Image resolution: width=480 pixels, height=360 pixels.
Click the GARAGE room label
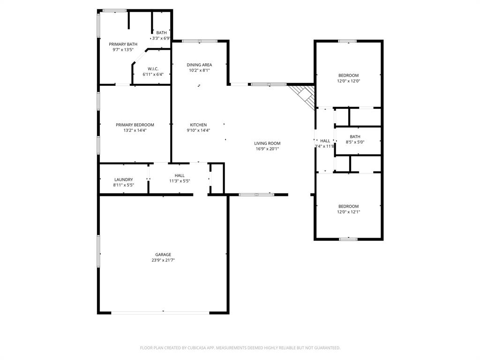(163, 255)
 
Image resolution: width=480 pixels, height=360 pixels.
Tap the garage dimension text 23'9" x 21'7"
(163, 260)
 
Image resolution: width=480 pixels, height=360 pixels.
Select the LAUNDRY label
(123, 180)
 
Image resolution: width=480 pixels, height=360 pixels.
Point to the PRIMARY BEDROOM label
(135, 125)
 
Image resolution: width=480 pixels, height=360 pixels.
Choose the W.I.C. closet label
(153, 68)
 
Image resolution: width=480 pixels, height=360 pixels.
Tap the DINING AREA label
(199, 65)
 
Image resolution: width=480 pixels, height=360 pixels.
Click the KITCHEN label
(198, 125)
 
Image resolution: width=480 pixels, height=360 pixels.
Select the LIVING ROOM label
(267, 143)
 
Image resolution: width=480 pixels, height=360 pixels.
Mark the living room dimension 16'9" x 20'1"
(267, 149)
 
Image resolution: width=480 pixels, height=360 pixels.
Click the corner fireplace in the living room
(304, 95)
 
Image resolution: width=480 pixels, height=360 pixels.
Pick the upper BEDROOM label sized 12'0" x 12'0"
(348, 75)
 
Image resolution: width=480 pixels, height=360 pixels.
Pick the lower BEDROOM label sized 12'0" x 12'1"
(348, 206)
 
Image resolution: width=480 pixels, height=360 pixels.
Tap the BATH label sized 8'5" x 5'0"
(355, 136)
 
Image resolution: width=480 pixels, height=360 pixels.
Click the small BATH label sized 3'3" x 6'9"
(161, 33)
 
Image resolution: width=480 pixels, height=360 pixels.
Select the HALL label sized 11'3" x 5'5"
(180, 175)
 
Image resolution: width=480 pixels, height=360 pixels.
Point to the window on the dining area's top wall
(199, 41)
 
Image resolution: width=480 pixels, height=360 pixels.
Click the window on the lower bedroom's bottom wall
(348, 239)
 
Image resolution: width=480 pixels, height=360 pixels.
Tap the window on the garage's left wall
(98, 251)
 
